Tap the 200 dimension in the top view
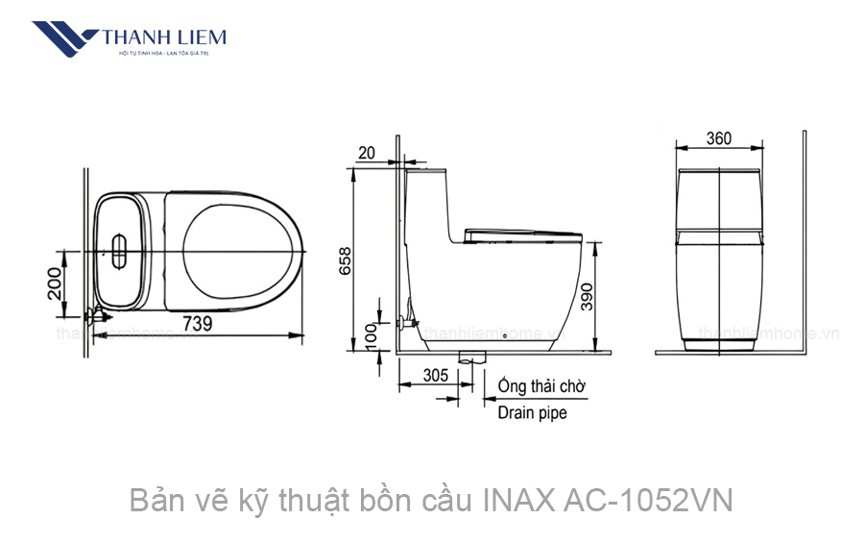tap(55, 284)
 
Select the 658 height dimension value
tap(344, 261)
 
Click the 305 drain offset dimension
tap(435, 375)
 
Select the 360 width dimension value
tap(718, 138)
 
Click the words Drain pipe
tap(532, 413)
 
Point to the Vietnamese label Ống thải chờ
tap(542, 386)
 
